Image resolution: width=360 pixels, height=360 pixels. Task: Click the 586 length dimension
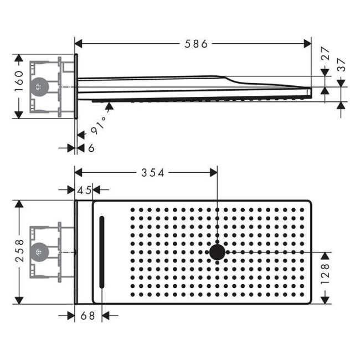pos(196,44)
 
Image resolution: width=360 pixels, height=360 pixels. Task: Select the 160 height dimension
pos(19,81)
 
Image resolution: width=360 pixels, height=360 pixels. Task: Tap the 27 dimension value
pos(325,53)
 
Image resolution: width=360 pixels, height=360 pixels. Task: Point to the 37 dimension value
pos(341,65)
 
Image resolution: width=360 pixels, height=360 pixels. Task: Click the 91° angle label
pos(99,126)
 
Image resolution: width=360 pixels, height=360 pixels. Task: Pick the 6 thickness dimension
pos(91,148)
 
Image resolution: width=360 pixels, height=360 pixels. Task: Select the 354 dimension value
pos(153,173)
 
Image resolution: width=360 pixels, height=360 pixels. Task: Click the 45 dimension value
pos(84,190)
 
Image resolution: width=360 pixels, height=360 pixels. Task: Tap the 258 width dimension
pos(19,251)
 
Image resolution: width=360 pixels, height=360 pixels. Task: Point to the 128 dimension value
pos(325,274)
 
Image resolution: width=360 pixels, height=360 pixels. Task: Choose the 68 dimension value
pos(88,316)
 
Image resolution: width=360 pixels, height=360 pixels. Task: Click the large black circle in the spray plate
pos(217,252)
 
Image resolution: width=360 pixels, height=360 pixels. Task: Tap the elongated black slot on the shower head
pos(102,252)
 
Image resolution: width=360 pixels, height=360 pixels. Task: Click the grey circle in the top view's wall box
pos(39,87)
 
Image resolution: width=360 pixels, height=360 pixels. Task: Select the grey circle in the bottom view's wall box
pos(39,252)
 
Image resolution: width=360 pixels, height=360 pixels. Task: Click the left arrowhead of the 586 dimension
pos(79,44)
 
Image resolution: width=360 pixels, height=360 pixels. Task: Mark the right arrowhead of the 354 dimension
pos(214,172)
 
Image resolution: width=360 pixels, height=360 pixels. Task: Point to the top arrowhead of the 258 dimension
pos(19,204)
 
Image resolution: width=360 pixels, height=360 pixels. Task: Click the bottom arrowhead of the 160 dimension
pos(19,115)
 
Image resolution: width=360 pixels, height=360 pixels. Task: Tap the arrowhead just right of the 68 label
pos(106,316)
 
